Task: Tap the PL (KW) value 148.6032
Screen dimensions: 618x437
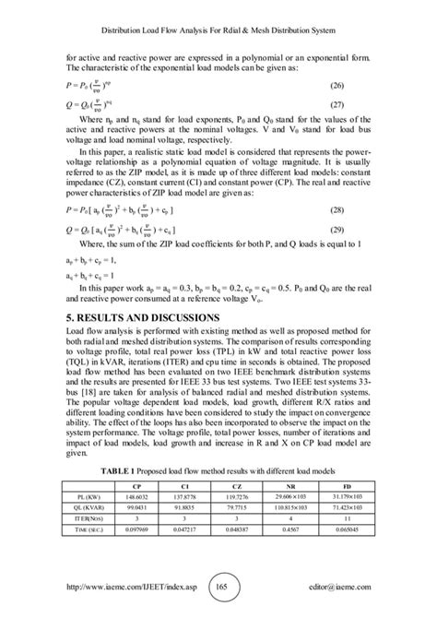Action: click(x=136, y=521)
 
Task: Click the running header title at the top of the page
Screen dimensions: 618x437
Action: click(x=218, y=31)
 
